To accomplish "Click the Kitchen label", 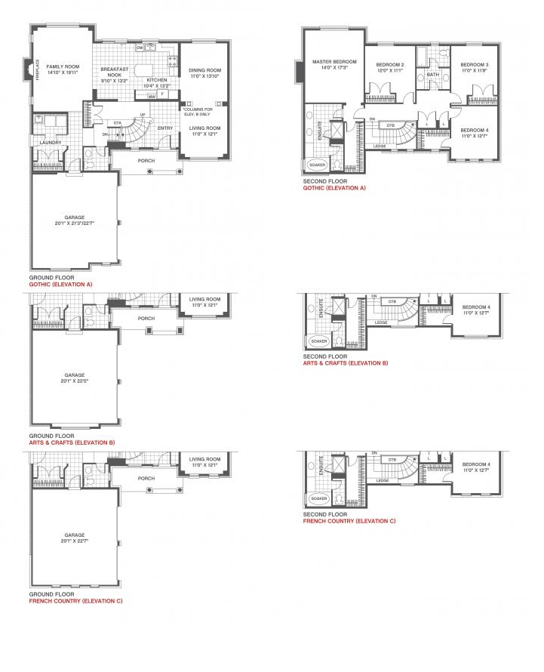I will coord(157,80).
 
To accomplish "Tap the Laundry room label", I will coord(51,143).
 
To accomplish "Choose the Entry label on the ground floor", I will coord(164,128).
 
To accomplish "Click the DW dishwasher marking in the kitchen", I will coord(140,48).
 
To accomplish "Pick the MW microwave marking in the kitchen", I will coord(152,97).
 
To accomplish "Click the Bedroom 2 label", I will coord(390,65).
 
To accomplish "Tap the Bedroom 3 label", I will coord(475,65).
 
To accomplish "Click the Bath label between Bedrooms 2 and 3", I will coord(432,75).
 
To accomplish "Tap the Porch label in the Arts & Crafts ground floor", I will coord(146,319).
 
